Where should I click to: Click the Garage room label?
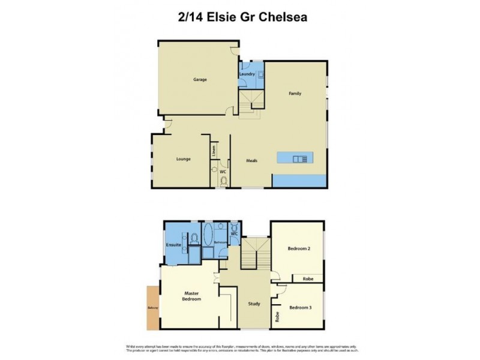point(200,79)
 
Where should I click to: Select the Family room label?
point(295,94)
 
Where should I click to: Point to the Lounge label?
point(184,159)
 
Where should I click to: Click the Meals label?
point(252,160)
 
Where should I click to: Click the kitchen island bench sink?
point(300,158)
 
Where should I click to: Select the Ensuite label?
point(173,245)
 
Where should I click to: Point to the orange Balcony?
point(152,308)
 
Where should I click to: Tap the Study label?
point(254,304)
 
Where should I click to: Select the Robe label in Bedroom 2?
point(308,279)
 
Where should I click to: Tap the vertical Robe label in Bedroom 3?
point(277,317)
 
